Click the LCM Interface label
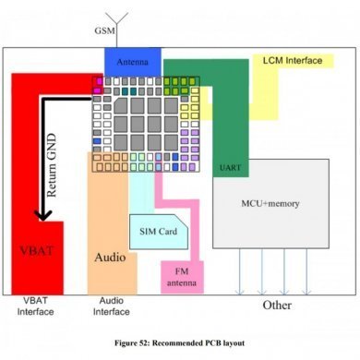click(292, 60)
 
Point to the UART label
click(232, 169)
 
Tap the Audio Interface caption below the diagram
click(112, 306)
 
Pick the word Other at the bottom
click(277, 304)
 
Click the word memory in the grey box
click(288, 202)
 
